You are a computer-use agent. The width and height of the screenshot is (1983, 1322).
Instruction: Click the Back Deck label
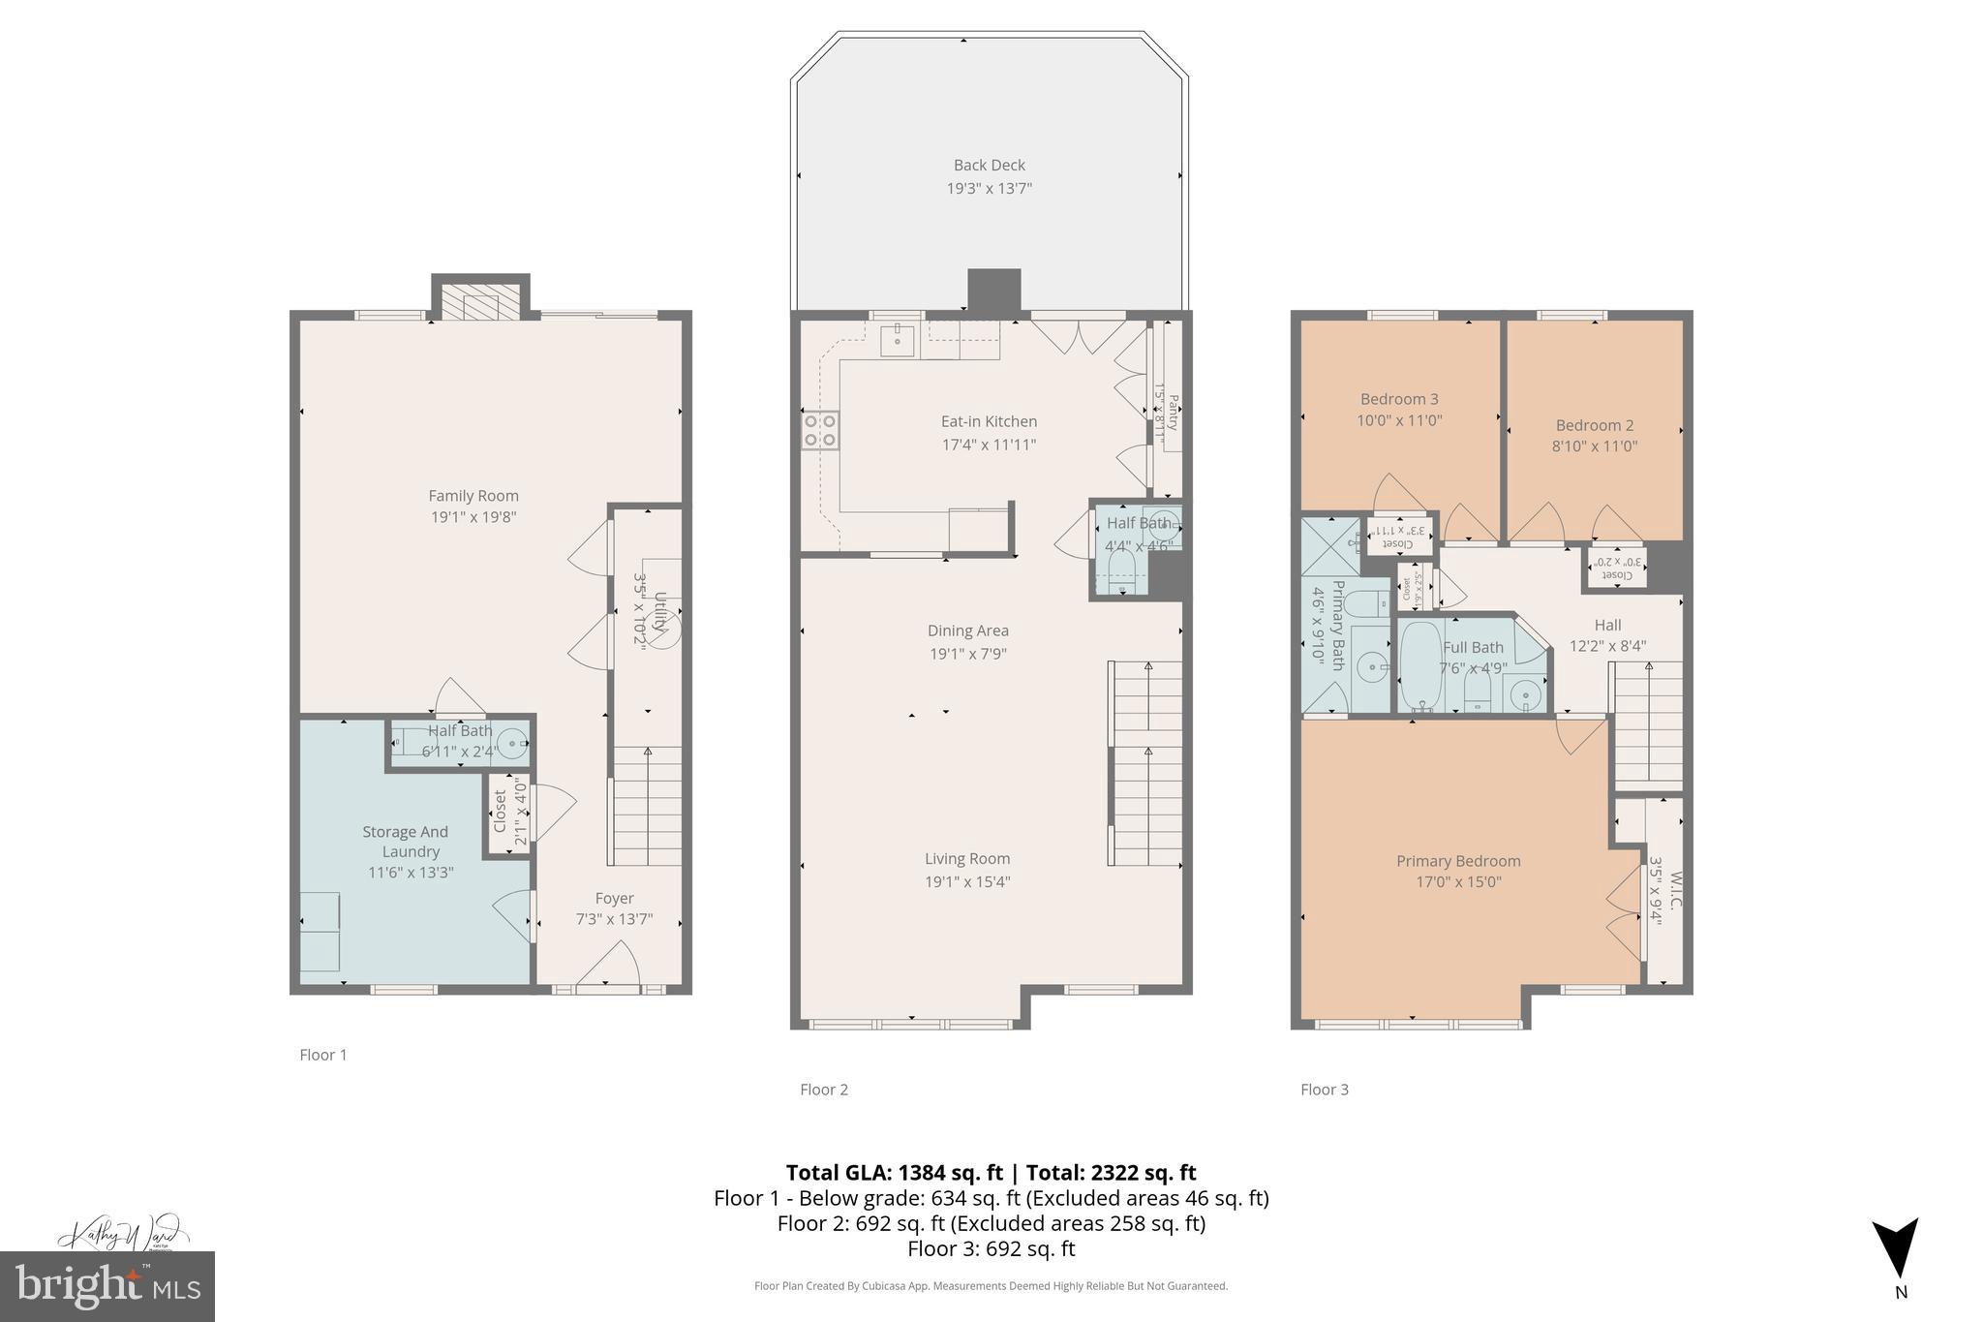(x=989, y=166)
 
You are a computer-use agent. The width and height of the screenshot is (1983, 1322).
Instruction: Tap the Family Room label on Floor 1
(x=473, y=496)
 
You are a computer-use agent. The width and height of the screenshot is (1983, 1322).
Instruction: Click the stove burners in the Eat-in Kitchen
(x=820, y=430)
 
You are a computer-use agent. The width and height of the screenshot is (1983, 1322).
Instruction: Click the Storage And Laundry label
(x=407, y=842)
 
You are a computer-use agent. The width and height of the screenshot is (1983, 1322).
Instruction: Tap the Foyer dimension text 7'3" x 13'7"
(x=614, y=919)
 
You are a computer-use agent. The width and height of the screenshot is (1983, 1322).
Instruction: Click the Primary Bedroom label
(x=1458, y=861)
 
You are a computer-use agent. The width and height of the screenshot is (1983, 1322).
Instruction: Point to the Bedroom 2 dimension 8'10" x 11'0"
(x=1594, y=446)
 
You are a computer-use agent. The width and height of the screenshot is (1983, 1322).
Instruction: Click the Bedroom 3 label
(x=1399, y=399)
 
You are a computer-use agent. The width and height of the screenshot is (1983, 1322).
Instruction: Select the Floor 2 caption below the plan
(x=824, y=1090)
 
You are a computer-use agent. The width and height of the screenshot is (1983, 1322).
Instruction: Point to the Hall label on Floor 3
(x=1607, y=626)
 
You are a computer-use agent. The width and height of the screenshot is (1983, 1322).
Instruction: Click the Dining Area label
(x=968, y=630)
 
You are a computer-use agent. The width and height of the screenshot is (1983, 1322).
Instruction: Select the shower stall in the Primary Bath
(x=1329, y=547)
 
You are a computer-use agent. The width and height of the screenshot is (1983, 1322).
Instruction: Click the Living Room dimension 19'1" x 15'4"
(x=968, y=882)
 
